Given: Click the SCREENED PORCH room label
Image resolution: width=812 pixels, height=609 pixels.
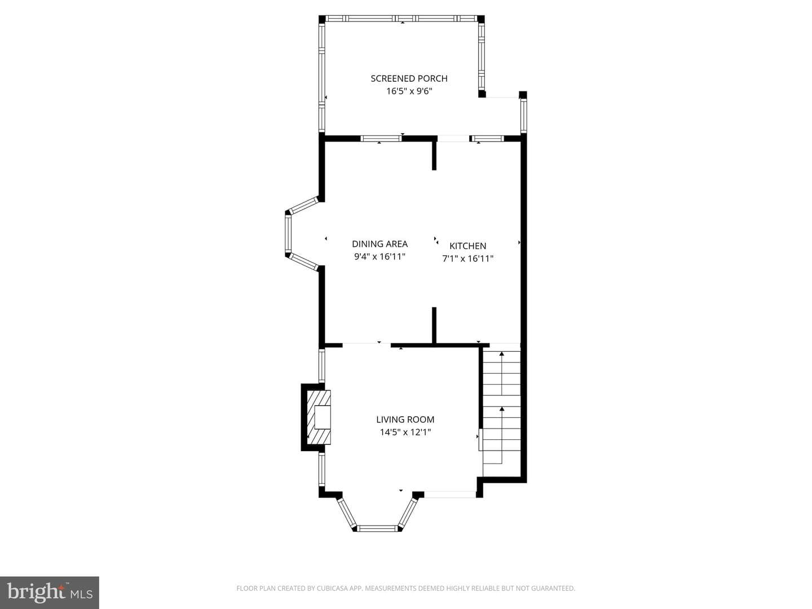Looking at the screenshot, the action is pyautogui.click(x=409, y=78).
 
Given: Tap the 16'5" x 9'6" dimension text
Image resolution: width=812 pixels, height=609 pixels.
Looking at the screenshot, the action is pyautogui.click(x=409, y=91).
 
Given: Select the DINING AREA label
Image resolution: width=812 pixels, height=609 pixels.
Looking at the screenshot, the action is pyautogui.click(x=379, y=244).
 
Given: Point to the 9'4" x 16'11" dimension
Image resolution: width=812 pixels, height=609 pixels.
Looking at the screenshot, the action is pyautogui.click(x=379, y=256).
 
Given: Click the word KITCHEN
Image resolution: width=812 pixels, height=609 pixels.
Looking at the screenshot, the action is pyautogui.click(x=467, y=245).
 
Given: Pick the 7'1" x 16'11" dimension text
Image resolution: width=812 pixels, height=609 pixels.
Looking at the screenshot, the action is pyautogui.click(x=467, y=258).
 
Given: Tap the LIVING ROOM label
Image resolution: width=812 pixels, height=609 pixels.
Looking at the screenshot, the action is pyautogui.click(x=405, y=420).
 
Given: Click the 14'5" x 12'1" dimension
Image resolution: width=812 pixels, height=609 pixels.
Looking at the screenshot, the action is pyautogui.click(x=405, y=432).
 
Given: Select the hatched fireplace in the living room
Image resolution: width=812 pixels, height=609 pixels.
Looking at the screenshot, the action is pyautogui.click(x=319, y=417).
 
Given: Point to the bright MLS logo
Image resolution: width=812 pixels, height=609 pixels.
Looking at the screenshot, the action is pyautogui.click(x=50, y=592).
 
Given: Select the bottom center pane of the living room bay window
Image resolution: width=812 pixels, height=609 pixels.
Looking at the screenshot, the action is pyautogui.click(x=377, y=528).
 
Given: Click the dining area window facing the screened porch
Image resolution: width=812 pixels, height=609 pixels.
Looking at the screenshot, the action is pyautogui.click(x=381, y=139).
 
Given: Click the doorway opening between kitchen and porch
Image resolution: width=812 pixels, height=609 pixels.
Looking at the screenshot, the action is pyautogui.click(x=453, y=139).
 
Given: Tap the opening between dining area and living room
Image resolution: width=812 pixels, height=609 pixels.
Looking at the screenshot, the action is pyautogui.click(x=366, y=345).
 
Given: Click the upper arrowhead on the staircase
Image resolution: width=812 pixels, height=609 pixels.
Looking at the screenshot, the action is pyautogui.click(x=502, y=354).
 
